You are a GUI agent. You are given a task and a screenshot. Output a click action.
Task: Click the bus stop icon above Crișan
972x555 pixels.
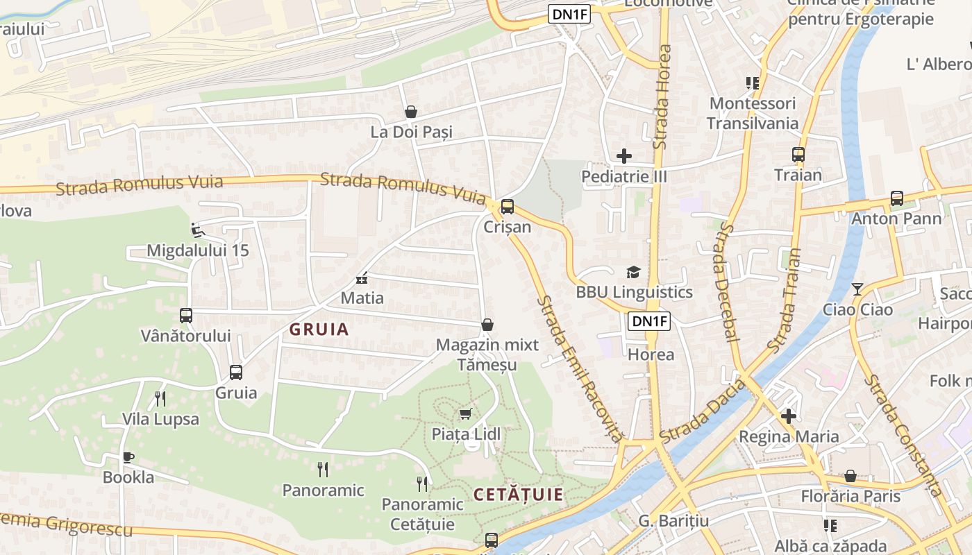(x=508, y=207)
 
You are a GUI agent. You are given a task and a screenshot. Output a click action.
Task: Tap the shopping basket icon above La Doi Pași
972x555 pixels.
(x=411, y=112)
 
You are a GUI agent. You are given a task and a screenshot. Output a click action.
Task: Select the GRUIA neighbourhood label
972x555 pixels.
(x=319, y=330)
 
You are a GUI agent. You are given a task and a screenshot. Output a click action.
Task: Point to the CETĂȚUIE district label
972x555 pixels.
(x=518, y=495)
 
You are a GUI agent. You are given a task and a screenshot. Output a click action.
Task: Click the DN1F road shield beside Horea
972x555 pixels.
(x=649, y=321)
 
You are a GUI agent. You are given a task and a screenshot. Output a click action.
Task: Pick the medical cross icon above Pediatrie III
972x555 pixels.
(x=624, y=156)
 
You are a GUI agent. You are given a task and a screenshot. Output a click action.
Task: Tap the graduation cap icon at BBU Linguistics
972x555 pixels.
(x=633, y=272)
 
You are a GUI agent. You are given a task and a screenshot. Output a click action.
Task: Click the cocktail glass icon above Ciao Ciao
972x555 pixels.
(x=857, y=289)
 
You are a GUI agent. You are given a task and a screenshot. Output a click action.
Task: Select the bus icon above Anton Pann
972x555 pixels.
(x=897, y=198)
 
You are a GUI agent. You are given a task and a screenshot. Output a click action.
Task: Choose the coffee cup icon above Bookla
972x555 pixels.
(x=128, y=457)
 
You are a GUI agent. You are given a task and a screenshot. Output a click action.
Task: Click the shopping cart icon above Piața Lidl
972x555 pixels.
(x=466, y=414)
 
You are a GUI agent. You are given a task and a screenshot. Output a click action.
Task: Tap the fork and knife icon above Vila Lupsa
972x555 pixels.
(x=160, y=399)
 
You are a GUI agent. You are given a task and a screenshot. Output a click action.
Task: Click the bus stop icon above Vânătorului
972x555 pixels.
(x=186, y=316)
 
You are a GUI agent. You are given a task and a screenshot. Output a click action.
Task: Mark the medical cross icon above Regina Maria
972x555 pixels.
(x=788, y=416)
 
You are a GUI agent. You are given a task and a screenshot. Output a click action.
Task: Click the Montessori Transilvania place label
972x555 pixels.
(x=752, y=114)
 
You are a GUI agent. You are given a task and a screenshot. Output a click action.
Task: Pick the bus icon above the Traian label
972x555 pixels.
(x=798, y=155)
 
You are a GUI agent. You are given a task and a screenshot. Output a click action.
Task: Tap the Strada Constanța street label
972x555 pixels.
(x=903, y=436)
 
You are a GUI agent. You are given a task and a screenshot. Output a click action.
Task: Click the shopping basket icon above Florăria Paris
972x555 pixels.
(x=850, y=476)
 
